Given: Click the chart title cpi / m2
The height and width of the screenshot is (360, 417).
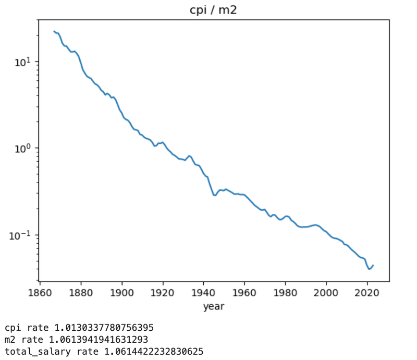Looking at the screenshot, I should pyautogui.click(x=213, y=10).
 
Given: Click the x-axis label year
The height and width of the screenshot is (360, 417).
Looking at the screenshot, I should pyautogui.click(x=214, y=306).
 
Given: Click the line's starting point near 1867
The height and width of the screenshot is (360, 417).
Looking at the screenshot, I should pyautogui.click(x=54, y=31).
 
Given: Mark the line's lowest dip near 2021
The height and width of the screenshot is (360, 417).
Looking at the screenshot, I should pyautogui.click(x=369, y=269).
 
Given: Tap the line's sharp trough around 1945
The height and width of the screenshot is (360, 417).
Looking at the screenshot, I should pyautogui.click(x=214, y=195).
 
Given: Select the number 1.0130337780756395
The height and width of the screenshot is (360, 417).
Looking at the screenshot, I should pyautogui.click(x=104, y=328).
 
